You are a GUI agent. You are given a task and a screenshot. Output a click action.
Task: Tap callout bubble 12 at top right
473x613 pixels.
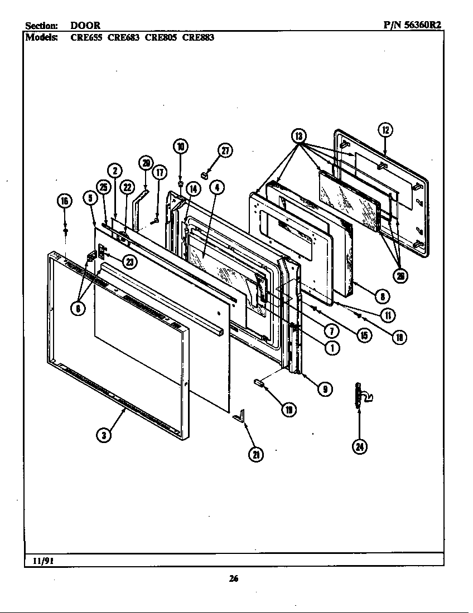pyautogui.click(x=385, y=130)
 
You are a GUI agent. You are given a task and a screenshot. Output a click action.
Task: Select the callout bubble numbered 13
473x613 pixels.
pyautogui.click(x=300, y=135)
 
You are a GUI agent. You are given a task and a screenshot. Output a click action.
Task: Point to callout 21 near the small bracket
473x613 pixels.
pyautogui.click(x=255, y=454)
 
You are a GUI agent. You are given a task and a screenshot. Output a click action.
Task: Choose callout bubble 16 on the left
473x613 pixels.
pyautogui.click(x=65, y=201)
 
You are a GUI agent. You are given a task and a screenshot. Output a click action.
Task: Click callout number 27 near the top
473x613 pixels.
pyautogui.click(x=225, y=151)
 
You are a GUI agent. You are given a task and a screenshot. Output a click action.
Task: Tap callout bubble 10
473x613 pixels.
pyautogui.click(x=180, y=147)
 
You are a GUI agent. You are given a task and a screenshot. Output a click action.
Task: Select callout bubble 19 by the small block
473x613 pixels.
pyautogui.click(x=289, y=410)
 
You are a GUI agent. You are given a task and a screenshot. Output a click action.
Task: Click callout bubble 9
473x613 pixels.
pyautogui.click(x=325, y=390)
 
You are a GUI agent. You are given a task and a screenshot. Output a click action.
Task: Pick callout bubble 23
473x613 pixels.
pyautogui.click(x=129, y=262)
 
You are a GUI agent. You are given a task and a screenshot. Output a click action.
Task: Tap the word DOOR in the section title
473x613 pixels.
pyautogui.click(x=85, y=26)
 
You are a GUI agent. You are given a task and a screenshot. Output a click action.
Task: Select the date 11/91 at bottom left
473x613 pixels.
pyautogui.click(x=37, y=560)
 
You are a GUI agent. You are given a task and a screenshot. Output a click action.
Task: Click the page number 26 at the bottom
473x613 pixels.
pyautogui.click(x=234, y=578)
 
